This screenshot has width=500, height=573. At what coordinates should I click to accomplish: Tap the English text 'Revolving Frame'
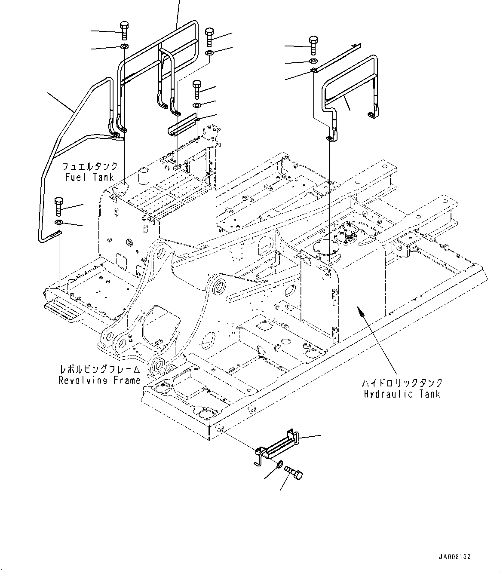pyautogui.click(x=99, y=380)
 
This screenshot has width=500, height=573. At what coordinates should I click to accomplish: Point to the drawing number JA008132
pyautogui.click(x=455, y=557)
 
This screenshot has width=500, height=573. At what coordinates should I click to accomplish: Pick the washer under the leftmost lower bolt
pyautogui.click(x=58, y=222)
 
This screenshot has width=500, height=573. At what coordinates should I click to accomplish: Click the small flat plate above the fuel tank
pyautogui.click(x=182, y=124)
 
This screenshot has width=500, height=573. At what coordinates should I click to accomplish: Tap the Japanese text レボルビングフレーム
pyautogui.click(x=100, y=369)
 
